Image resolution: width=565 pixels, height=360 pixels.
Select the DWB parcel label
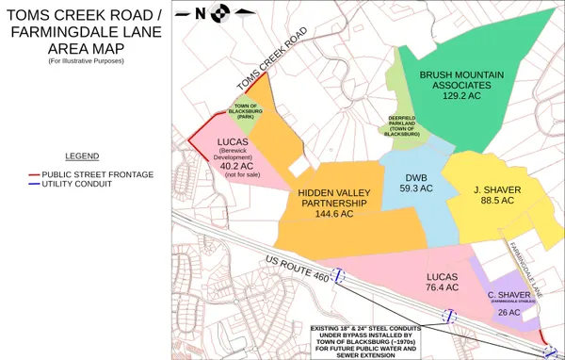click(415, 176)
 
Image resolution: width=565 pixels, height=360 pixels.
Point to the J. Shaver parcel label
click(496, 188)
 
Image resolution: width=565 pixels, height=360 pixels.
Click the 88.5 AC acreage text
click(496, 201)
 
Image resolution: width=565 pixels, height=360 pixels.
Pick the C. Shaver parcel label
click(509, 295)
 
